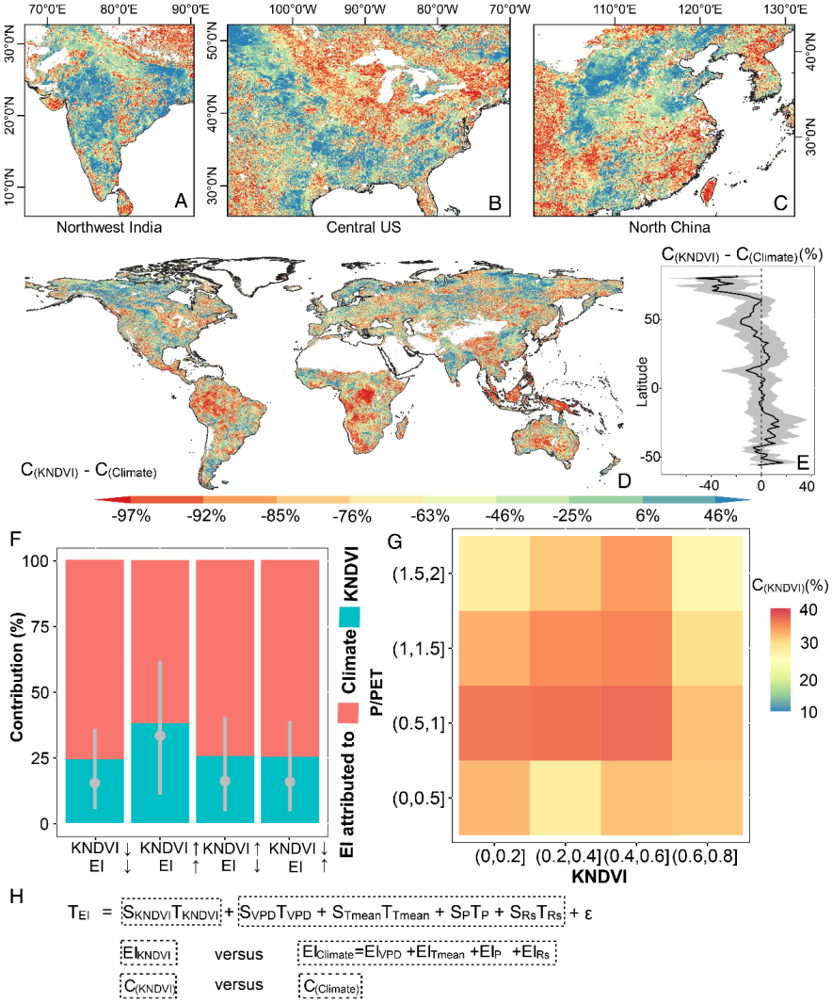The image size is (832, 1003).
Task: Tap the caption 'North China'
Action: coord(669,227)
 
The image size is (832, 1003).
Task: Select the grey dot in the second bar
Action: coord(160,736)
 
